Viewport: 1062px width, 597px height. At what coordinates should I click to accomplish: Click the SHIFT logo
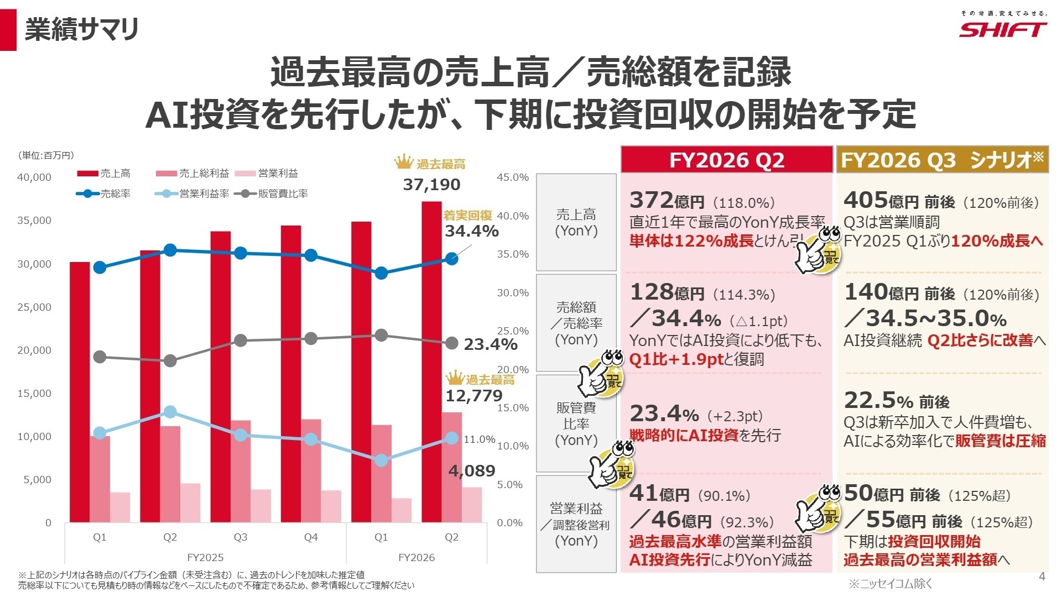pos(1002,29)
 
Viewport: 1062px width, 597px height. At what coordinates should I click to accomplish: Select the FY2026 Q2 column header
pos(726,160)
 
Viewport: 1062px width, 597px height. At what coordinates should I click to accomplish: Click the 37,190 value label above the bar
pos(431,185)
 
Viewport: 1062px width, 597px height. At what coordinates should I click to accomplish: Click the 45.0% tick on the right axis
pos(513,177)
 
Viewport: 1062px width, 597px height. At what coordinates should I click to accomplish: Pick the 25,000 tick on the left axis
pos(34,307)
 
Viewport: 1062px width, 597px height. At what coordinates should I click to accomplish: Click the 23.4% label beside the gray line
pos(490,345)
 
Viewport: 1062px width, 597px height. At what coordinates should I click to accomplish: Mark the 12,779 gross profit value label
pos(474,396)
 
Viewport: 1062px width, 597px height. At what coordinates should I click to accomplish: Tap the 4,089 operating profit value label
pos(471,471)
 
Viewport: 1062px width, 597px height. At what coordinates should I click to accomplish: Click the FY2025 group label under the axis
pos(205,557)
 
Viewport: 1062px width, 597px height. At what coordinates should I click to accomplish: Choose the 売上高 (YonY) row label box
pos(576,223)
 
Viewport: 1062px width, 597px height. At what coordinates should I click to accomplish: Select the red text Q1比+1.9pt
pos(676,359)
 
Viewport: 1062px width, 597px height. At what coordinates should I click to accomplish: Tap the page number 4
pos(1042,577)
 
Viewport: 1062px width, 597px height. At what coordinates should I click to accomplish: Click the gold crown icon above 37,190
pos(404,163)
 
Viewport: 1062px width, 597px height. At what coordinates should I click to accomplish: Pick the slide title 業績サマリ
pos(81,29)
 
